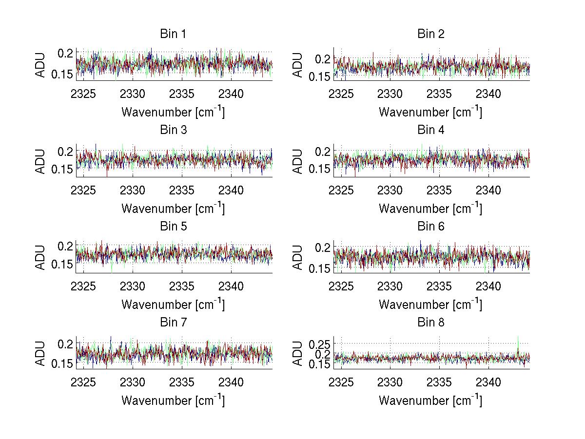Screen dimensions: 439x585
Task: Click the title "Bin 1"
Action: click(x=173, y=34)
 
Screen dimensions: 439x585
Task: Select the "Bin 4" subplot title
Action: click(x=430, y=130)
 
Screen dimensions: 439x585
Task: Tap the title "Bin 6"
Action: click(x=430, y=227)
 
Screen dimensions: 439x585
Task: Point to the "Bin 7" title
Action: click(x=173, y=323)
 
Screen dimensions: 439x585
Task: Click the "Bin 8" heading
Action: click(x=430, y=323)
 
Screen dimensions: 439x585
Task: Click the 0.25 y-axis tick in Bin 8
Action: click(x=320, y=344)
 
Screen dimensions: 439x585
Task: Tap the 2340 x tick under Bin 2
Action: click(x=488, y=94)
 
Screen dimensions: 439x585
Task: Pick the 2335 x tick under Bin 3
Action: click(x=182, y=190)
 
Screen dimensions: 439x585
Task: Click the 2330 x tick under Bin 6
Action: click(x=390, y=286)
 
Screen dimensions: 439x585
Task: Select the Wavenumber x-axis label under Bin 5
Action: click(x=173, y=305)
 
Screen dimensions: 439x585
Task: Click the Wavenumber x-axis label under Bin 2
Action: click(x=430, y=113)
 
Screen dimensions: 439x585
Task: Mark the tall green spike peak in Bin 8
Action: click(x=518, y=336)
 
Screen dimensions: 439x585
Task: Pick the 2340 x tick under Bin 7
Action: click(x=231, y=382)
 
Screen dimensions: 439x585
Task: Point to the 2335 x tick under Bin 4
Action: click(x=440, y=190)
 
